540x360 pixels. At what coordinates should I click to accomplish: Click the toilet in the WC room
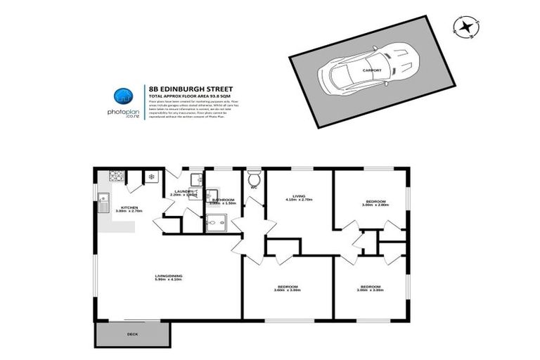[x=254, y=176]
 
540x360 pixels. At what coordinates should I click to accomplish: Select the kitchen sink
[x=103, y=202]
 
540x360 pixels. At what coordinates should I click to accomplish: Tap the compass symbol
[x=465, y=27]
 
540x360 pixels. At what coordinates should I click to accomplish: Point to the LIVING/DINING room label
[x=168, y=276]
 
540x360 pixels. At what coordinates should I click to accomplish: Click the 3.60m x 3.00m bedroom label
[x=287, y=288]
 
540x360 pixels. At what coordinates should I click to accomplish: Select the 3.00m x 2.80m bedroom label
[x=374, y=203]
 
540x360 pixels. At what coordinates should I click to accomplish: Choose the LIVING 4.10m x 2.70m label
[x=299, y=198]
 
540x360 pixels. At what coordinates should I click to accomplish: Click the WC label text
[x=254, y=187]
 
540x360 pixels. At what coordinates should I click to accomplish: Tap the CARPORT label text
[x=372, y=70]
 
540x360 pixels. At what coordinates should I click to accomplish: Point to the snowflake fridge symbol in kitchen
[x=150, y=176]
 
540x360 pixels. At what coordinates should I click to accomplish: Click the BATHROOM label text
[x=222, y=200]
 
